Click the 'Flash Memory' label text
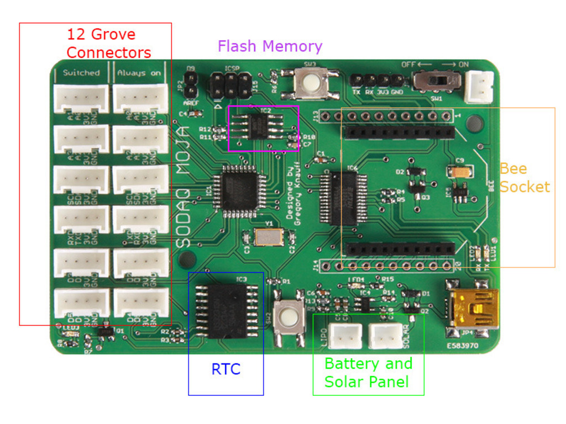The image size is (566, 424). coord(270,46)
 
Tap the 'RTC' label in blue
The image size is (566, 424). coord(226,369)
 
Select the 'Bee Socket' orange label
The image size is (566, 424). coord(525,178)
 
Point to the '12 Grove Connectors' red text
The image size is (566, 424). coord(108,43)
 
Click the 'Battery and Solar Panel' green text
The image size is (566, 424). coord(368,373)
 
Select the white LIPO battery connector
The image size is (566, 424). coord(345,335)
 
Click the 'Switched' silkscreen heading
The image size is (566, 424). coord(81,72)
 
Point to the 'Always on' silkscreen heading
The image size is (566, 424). coord(140,72)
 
